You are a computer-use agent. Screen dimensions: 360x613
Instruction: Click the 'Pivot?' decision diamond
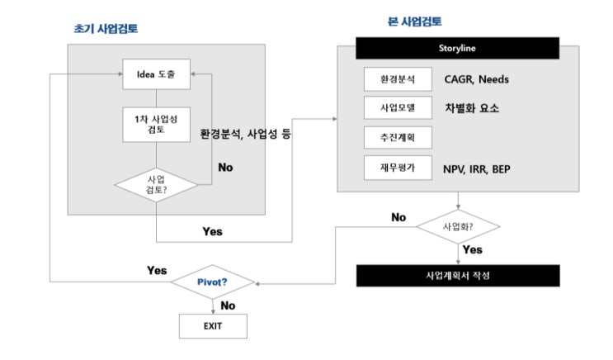point(213,282)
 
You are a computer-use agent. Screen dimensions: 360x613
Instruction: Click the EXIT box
point(213,324)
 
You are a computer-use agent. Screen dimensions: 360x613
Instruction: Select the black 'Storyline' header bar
point(457,49)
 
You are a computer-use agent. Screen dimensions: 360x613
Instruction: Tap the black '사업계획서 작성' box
point(457,275)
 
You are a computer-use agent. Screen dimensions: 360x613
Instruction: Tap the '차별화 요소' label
point(472,108)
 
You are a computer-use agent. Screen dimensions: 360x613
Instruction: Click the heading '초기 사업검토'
point(106,28)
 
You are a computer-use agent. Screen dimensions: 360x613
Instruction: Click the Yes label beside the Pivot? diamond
point(156,270)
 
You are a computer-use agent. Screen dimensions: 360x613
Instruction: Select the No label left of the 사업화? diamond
point(398,217)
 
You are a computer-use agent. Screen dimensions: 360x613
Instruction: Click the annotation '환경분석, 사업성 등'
point(247,133)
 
